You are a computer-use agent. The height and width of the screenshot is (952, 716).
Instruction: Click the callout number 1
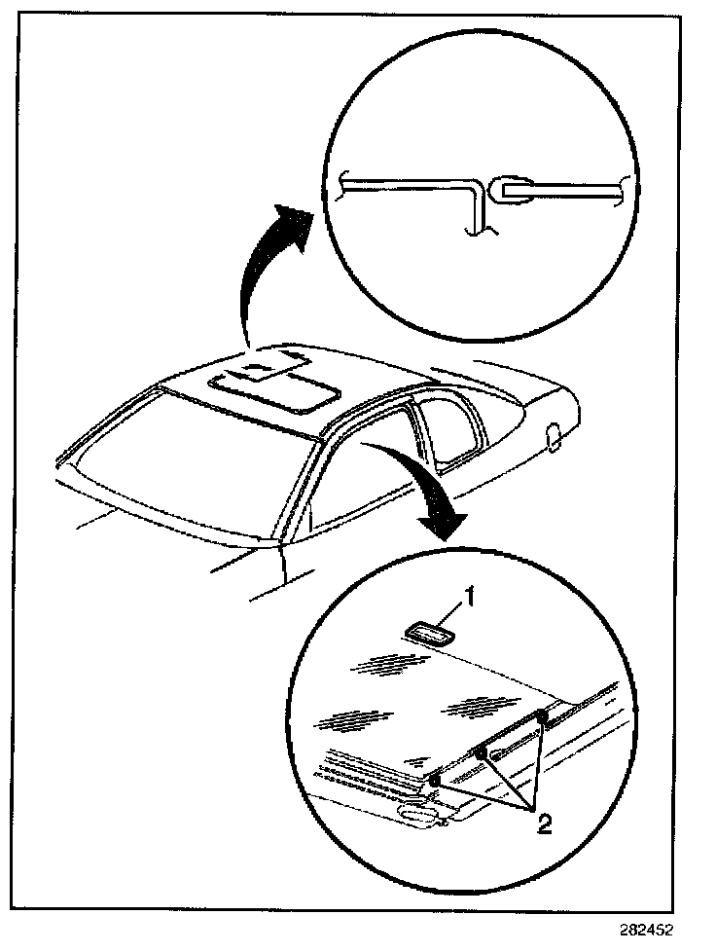tap(468, 601)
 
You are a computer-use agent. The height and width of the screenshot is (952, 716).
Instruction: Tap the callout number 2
tap(545, 825)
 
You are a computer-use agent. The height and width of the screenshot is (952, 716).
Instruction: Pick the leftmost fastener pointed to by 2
tap(434, 780)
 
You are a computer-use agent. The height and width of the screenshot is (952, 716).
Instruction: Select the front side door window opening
tap(365, 477)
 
